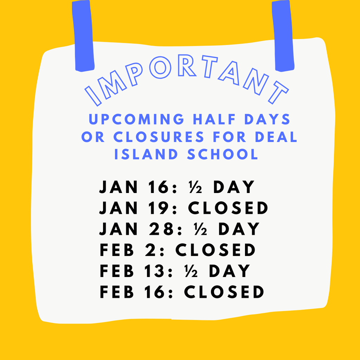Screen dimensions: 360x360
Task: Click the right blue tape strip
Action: coord(283,35)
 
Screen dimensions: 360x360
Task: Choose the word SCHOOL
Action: coord(223,154)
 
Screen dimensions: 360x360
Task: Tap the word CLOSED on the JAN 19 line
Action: coord(228,208)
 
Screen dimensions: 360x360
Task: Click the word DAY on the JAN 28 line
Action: coord(239,229)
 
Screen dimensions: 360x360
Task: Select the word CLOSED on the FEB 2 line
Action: coord(215,250)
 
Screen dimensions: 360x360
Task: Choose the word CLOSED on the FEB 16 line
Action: coord(224,292)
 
